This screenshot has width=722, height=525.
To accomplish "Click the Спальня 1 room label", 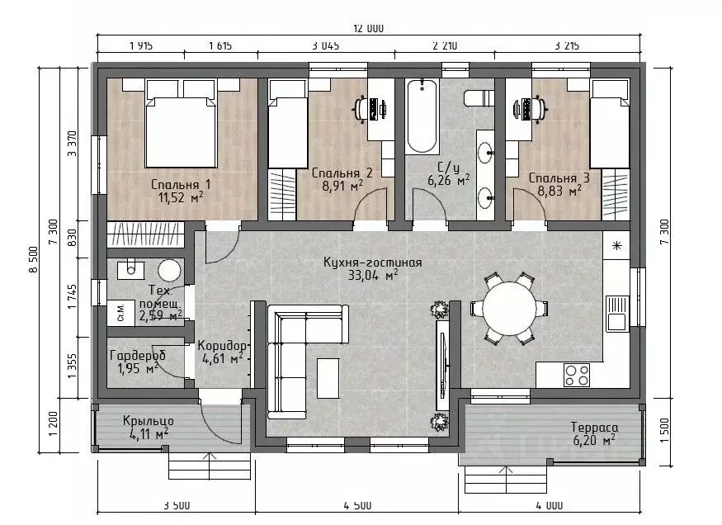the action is tap(181, 185).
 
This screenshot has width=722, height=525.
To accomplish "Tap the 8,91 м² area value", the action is tap(342, 186).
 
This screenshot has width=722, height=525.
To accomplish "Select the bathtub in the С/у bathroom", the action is tap(422, 116).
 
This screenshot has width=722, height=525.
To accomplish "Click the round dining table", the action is tap(510, 307).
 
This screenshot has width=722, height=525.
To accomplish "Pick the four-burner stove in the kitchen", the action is tap(577, 375).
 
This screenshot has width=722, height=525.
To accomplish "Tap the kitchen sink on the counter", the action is tap(617, 313).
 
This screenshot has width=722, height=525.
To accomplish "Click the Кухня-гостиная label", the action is tap(372, 262).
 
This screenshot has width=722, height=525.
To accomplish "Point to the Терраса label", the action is tap(594, 428).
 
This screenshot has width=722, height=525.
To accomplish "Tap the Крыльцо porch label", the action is tap(149, 421).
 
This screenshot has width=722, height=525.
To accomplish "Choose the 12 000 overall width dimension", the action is tap(368, 29).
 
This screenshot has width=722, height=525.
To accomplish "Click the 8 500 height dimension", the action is tap(34, 259).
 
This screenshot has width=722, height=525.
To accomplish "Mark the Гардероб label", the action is tap(138, 356).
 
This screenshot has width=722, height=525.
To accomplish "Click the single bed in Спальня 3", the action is tap(610, 124).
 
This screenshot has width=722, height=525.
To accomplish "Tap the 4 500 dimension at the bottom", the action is tap(357, 506).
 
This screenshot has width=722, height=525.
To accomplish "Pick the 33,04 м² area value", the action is tap(373, 276).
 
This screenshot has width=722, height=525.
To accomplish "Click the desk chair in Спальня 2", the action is tap(359, 109).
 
